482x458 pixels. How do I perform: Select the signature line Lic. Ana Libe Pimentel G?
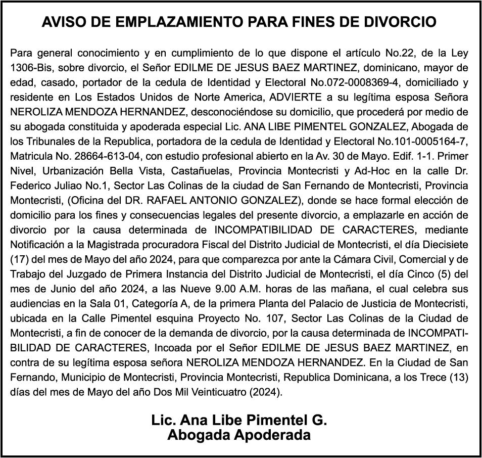pos(239,420)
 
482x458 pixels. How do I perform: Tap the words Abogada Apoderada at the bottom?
pos(239,435)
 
